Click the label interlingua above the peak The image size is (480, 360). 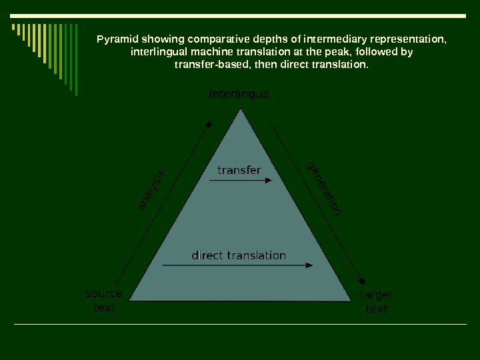click(239, 95)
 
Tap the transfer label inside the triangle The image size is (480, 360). click(239, 170)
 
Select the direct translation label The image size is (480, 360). click(239, 255)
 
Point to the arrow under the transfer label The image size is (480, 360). click(241, 180)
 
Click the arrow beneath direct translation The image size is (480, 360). click(237, 265)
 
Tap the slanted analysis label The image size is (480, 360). click(152, 191)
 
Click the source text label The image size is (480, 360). click(104, 301)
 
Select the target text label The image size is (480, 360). click(376, 302)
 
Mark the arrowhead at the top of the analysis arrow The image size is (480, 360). click(209, 124)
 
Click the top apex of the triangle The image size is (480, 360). click(241, 110)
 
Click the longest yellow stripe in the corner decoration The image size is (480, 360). click(44, 43)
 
